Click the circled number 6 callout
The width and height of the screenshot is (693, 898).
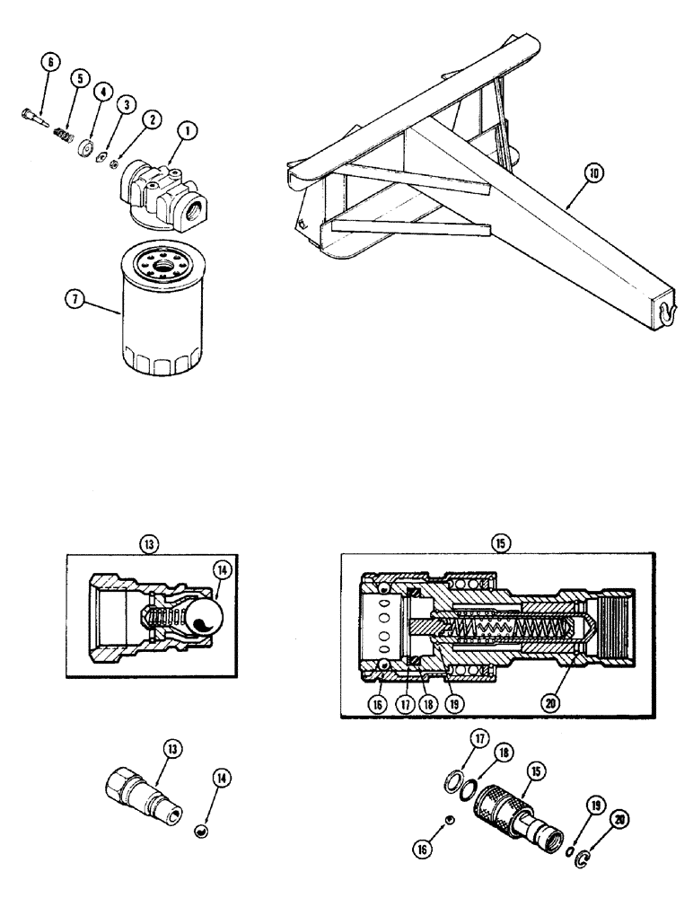tap(49, 62)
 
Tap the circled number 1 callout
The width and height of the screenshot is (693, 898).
tap(188, 131)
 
